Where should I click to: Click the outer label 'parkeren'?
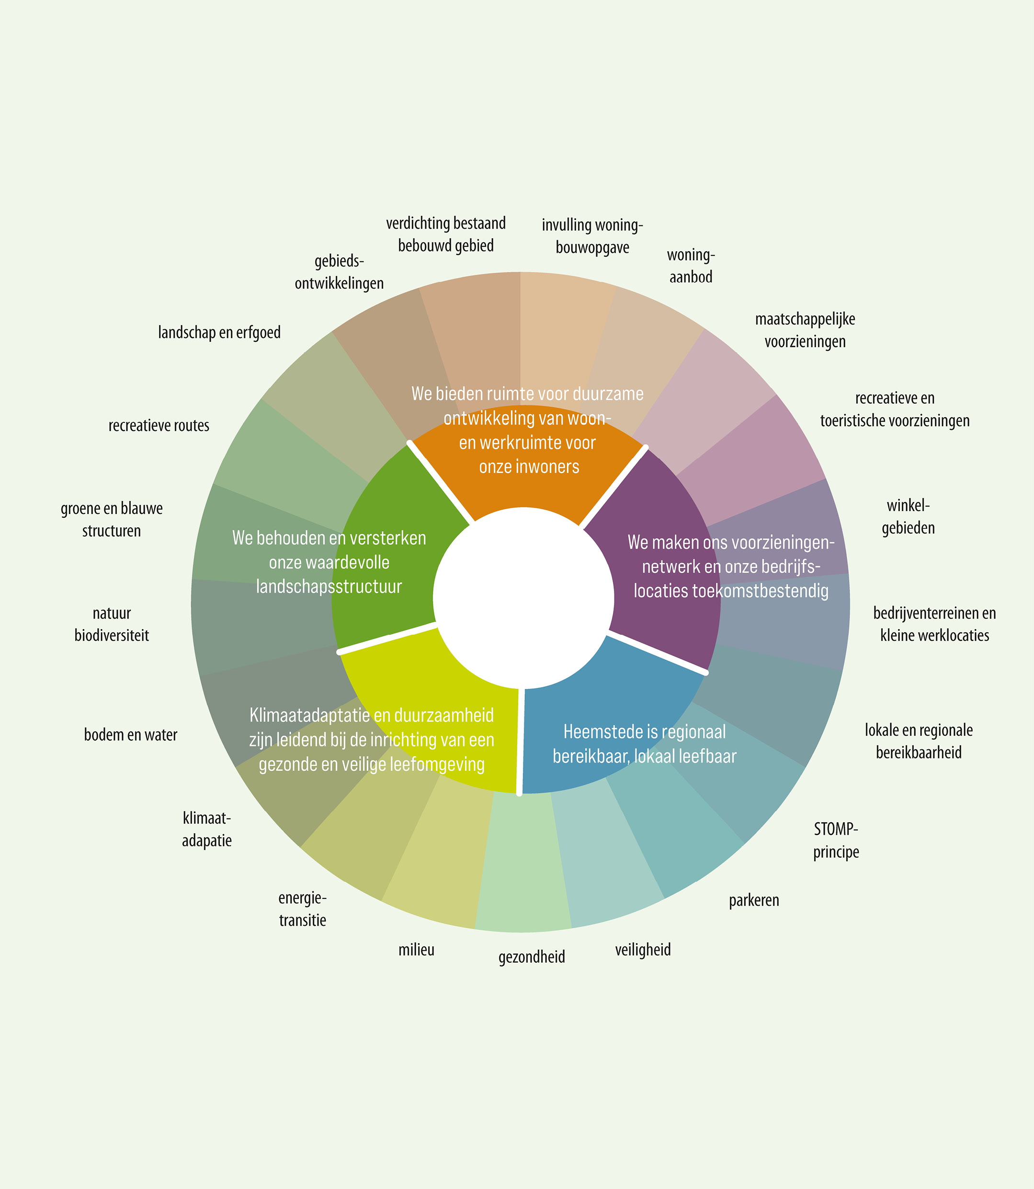[x=753, y=900]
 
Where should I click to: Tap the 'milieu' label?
[x=416, y=950]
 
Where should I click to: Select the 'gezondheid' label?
[x=532, y=957]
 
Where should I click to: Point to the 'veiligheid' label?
[x=643, y=950]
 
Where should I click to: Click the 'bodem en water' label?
[x=130, y=735]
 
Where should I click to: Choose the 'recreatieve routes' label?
[x=159, y=426]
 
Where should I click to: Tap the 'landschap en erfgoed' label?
[x=219, y=333]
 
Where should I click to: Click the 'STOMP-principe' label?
[x=836, y=840]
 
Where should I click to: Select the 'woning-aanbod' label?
[x=691, y=266]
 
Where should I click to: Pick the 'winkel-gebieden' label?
[x=908, y=516]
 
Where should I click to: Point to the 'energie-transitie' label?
[x=302, y=909]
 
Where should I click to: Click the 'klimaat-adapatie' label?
[x=206, y=829]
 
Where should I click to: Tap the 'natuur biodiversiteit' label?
[x=112, y=624]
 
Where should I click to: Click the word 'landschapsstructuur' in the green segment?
[x=329, y=587]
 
